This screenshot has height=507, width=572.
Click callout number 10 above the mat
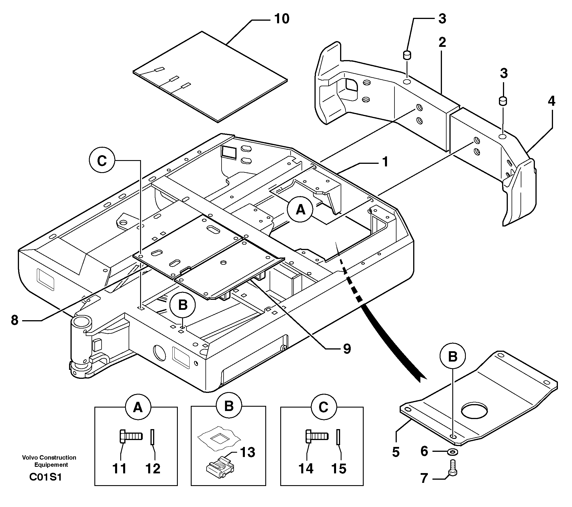click(x=281, y=19)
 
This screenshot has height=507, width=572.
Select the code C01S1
click(x=45, y=477)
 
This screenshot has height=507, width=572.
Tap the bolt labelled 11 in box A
click(x=130, y=436)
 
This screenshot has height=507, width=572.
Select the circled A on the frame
click(x=300, y=210)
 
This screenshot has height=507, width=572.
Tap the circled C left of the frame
click(x=102, y=161)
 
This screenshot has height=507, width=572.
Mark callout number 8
click(x=15, y=320)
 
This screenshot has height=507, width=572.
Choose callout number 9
click(x=347, y=349)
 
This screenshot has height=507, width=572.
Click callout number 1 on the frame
click(x=385, y=162)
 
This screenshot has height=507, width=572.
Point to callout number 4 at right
click(x=551, y=101)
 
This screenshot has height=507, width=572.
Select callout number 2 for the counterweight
click(x=442, y=43)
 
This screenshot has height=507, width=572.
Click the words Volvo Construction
click(x=49, y=458)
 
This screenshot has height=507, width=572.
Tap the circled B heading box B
click(x=229, y=407)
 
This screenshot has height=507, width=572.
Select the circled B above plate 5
click(x=453, y=356)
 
